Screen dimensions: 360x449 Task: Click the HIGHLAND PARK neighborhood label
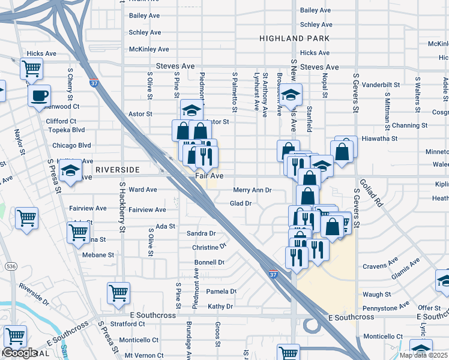tap(295, 38)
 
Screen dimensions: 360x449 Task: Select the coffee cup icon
tap(40, 95)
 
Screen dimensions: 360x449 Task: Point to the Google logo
tap(19, 353)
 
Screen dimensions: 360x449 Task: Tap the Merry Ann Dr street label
tap(252, 190)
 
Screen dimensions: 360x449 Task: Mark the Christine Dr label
tap(209, 247)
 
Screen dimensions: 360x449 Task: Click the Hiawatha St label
tap(379, 138)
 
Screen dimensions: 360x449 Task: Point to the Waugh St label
tap(376, 295)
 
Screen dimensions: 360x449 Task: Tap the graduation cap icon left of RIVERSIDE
tap(71, 171)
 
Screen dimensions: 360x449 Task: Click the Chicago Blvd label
tap(71, 145)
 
